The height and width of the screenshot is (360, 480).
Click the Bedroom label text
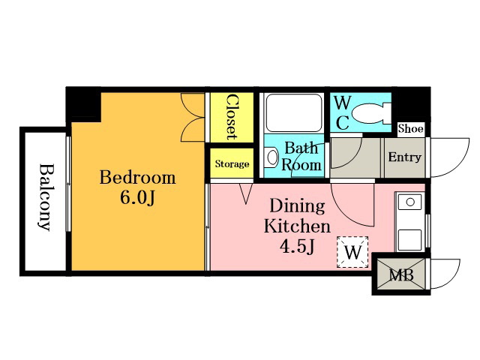(x=138, y=178)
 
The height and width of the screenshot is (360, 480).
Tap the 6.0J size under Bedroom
(x=138, y=198)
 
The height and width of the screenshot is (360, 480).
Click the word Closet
(x=232, y=117)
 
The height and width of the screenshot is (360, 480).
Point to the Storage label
(x=232, y=163)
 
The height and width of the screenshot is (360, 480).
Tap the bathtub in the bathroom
(x=293, y=112)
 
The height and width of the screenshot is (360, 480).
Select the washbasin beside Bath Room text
(x=271, y=157)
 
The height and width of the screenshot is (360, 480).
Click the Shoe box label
(x=410, y=128)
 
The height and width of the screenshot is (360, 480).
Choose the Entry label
(x=405, y=157)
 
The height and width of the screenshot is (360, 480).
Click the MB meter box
(x=400, y=274)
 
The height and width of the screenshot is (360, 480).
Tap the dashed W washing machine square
(x=352, y=252)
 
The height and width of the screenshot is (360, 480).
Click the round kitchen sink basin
(x=410, y=202)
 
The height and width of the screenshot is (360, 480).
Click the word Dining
(x=297, y=206)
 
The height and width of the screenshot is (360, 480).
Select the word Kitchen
(x=297, y=226)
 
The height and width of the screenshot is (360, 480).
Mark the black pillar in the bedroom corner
(x=83, y=104)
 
